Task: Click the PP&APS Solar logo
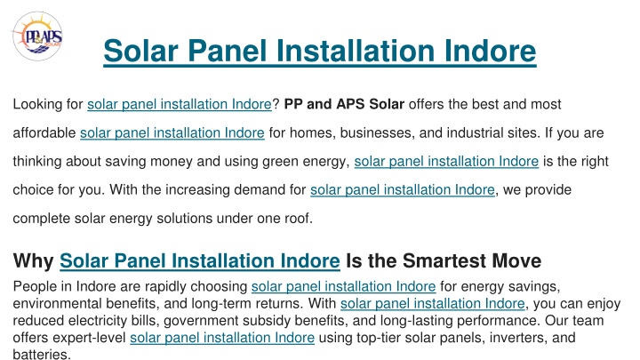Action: point(37,36)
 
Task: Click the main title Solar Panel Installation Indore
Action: point(320,51)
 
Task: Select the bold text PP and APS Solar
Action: point(344,104)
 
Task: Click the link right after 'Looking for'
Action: point(180,105)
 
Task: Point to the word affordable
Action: point(44,132)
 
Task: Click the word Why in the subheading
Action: point(34,260)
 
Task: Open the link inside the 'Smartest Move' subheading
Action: point(200,260)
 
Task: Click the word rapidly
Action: point(165,286)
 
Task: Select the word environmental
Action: point(58,304)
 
